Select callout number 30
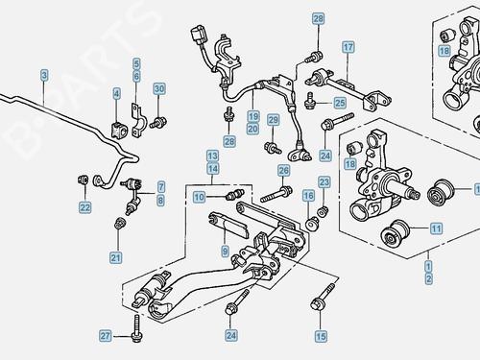(x=159, y=89)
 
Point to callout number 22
(x=85, y=207)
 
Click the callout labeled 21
(x=116, y=256)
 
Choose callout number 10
(x=199, y=197)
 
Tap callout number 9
(x=224, y=251)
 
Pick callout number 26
(x=283, y=171)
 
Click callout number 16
(x=308, y=196)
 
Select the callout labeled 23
(x=324, y=181)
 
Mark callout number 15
(x=320, y=336)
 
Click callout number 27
(x=107, y=335)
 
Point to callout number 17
(x=348, y=46)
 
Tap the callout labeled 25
(x=339, y=102)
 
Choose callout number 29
(x=274, y=120)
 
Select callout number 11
(x=436, y=228)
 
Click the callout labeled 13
(x=212, y=155)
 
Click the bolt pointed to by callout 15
(x=317, y=305)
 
